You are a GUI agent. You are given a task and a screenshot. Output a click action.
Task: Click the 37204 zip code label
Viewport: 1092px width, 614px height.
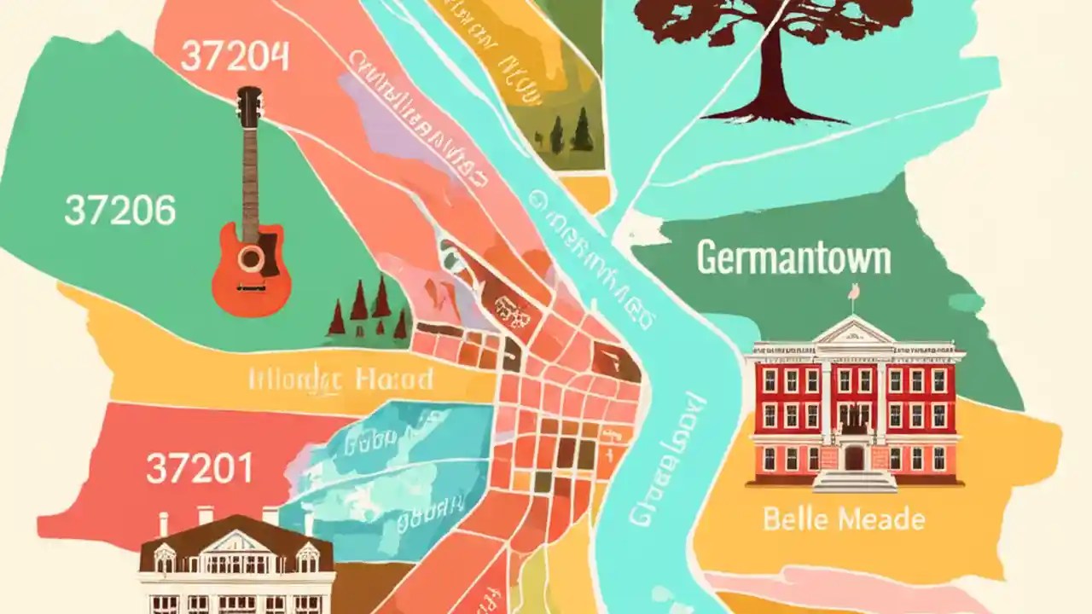[x=235, y=57]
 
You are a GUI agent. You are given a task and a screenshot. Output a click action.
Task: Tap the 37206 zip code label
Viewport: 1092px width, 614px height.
[x=120, y=210]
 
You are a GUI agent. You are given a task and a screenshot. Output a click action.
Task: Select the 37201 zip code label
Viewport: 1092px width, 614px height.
[x=199, y=468]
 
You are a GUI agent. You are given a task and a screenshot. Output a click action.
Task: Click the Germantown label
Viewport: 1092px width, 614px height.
[x=793, y=258]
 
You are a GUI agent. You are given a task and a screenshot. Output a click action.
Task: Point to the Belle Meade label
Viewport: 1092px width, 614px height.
[x=844, y=518]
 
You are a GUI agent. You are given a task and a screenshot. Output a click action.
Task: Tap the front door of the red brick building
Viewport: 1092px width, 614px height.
[x=854, y=458]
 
